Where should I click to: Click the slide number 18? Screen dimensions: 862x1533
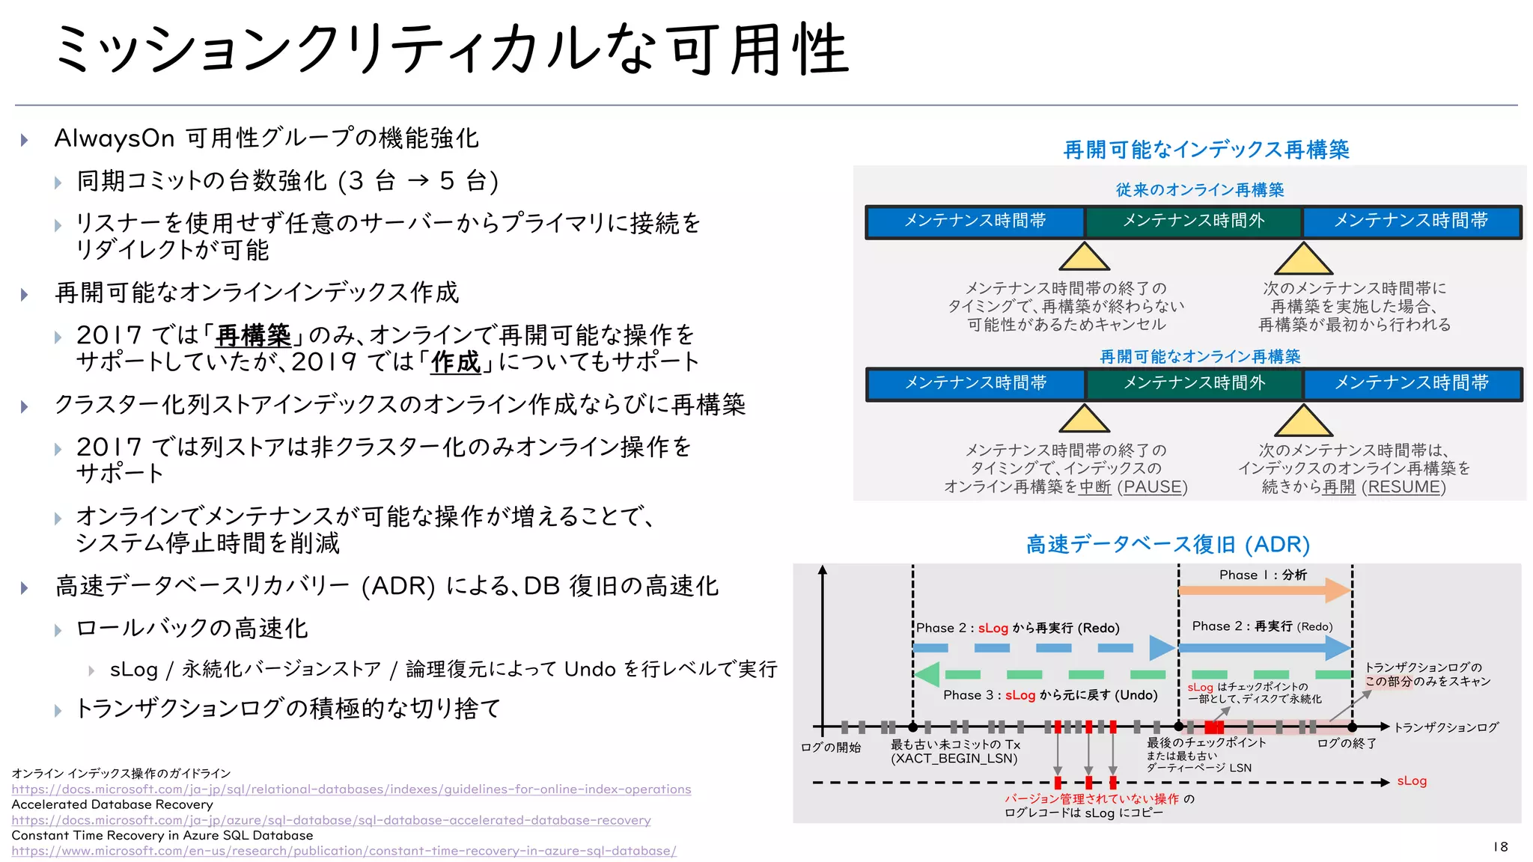click(x=1500, y=846)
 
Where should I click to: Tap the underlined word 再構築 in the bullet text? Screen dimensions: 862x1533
click(x=253, y=334)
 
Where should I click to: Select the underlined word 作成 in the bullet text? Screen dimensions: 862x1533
click(x=455, y=362)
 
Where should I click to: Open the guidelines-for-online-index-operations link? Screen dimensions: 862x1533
click(x=351, y=789)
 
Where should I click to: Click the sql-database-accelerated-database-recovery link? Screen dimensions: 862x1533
click(x=331, y=820)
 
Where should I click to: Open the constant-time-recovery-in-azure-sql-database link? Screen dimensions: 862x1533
click(x=344, y=851)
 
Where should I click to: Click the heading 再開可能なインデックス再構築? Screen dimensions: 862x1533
click(x=1206, y=150)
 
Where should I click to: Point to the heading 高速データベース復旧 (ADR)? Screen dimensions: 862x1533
click(x=1168, y=544)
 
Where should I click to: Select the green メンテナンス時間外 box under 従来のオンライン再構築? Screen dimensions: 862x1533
click(x=1193, y=221)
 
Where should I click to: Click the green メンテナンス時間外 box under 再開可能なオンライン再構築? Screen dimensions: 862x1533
click(x=1194, y=384)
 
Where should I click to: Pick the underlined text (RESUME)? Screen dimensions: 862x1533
click(x=1404, y=487)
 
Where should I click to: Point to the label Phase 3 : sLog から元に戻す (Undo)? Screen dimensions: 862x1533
click(x=1050, y=695)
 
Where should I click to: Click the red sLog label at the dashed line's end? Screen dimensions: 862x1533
click(x=1412, y=781)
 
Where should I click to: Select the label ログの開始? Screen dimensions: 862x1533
click(x=831, y=747)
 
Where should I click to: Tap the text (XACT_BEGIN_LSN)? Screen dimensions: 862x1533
click(x=954, y=759)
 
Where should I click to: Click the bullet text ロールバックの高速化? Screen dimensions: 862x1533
click(x=192, y=629)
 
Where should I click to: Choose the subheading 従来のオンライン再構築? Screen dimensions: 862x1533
click(x=1200, y=190)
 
